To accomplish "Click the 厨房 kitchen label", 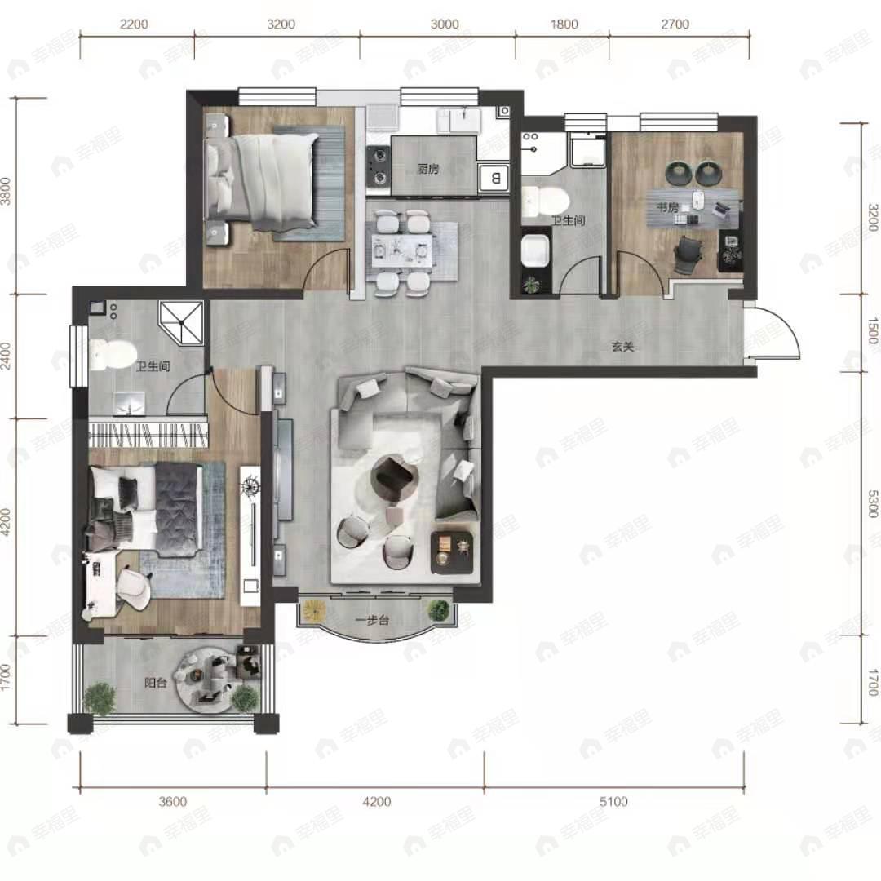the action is tap(427, 169).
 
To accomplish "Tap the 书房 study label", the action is tap(667, 208).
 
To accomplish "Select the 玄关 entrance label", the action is tap(622, 347).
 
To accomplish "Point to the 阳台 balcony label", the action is tap(155, 684).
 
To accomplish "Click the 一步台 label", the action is tap(373, 620).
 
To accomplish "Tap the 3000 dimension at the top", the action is tap(445, 24).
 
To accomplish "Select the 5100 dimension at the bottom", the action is tap(613, 801).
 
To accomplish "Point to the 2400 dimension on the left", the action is tap(7, 356).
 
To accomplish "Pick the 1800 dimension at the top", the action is tap(564, 24).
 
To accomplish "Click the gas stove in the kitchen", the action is tap(379, 166).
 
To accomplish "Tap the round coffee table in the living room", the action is tap(395, 477).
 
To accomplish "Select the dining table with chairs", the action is tap(401, 252).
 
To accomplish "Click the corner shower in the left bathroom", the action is tap(181, 322).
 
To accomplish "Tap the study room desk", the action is tap(693, 209).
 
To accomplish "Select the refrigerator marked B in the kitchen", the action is tap(494, 178).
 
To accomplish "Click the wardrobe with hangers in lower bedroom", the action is tap(148, 435).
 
